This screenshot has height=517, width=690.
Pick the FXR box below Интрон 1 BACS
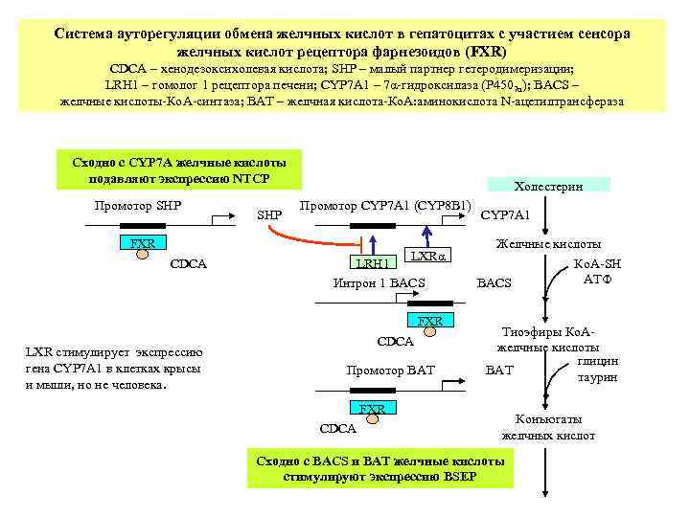click(430, 320)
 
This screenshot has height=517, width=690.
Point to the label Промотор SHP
click(138, 206)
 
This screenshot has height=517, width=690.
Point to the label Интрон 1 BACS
click(379, 283)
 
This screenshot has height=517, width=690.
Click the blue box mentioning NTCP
click(178, 169)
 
